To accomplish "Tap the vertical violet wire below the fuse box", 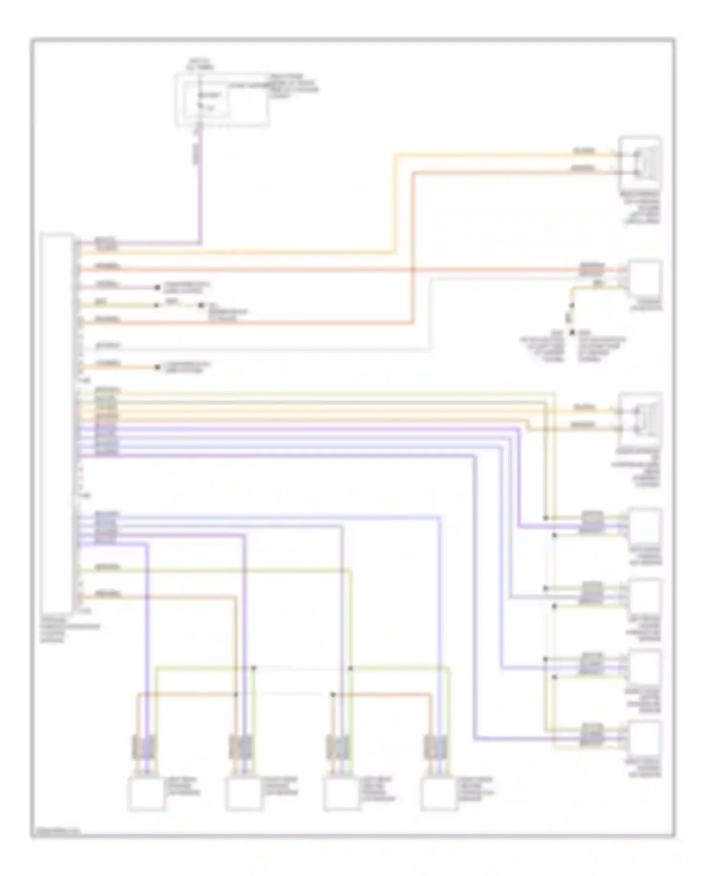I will pos(200,192).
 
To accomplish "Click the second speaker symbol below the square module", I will pos(641,419).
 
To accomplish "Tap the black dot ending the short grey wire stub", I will pos(157,288).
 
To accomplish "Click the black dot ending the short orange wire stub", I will pos(157,368).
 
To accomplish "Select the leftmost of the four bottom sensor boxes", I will pos(146,795).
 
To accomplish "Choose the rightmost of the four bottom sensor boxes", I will pos(439,795).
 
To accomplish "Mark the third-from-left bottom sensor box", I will pos(341,795).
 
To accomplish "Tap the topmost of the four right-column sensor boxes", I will pos(645,527).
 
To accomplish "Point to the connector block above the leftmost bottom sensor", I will pos(144,747).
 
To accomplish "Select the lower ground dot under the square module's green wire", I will pos(571,332).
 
